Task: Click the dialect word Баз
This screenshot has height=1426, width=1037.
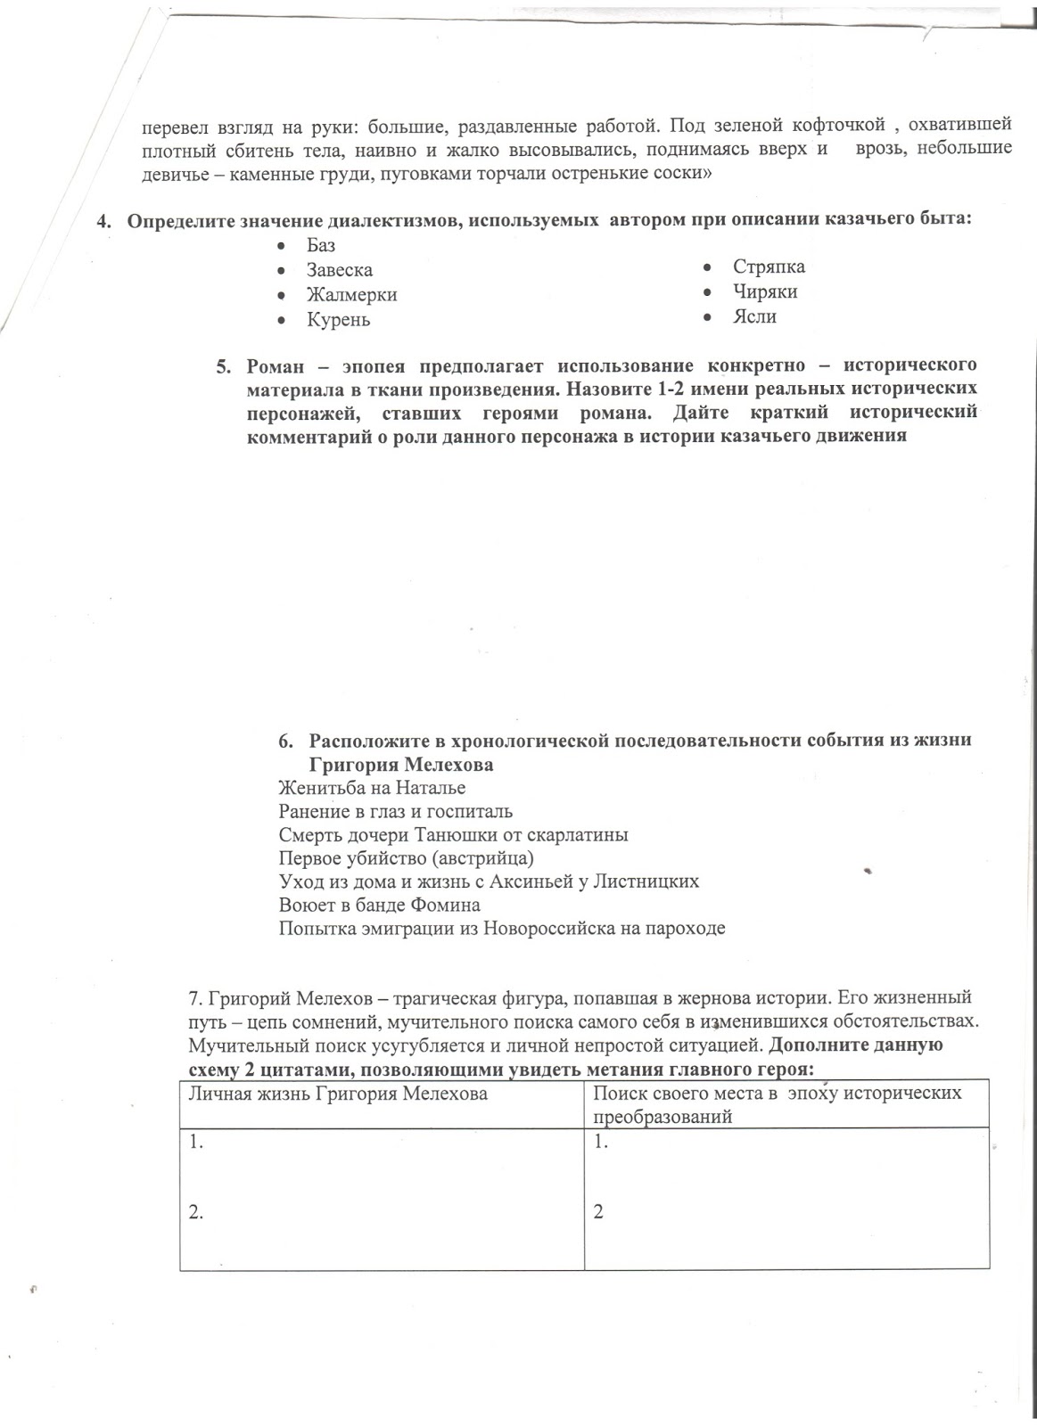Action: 321,245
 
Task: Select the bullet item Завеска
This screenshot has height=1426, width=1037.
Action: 340,270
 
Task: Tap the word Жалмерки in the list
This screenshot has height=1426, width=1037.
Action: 352,295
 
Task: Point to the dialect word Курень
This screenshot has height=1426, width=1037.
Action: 339,320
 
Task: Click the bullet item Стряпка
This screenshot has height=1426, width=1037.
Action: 769,267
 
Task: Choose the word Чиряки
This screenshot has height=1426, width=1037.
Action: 765,292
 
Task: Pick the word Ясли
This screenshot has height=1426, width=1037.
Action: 754,317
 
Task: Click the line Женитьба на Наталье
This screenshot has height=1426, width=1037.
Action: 372,789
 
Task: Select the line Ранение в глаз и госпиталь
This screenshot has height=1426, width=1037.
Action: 395,812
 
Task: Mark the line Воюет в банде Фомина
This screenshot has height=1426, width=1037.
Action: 379,906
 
